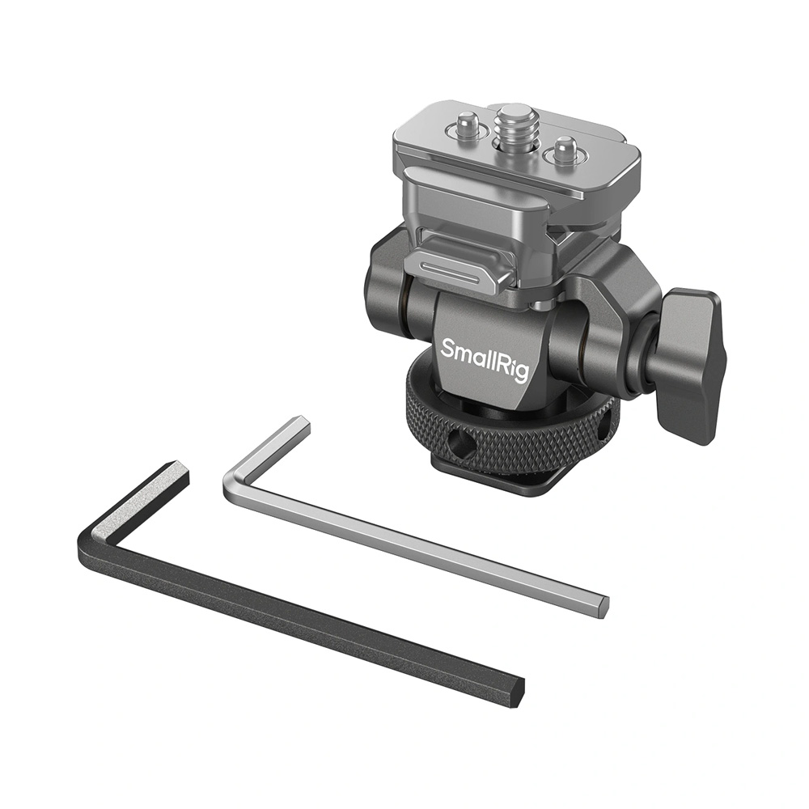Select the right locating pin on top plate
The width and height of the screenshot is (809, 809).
[564, 147]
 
